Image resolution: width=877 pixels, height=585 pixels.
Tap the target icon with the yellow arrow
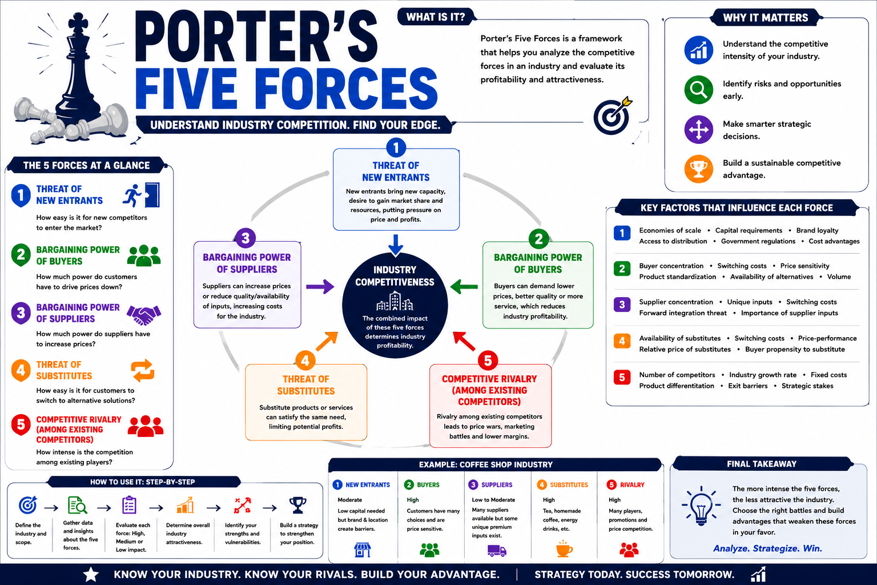click(x=613, y=115)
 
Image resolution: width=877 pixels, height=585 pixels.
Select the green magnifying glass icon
click(x=698, y=90)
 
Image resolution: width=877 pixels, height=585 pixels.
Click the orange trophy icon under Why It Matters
click(x=698, y=169)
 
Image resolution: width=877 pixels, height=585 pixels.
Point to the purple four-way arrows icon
click(x=698, y=129)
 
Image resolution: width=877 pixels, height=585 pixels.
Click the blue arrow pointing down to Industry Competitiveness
click(x=396, y=245)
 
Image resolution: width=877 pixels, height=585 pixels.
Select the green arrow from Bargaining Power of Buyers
click(x=464, y=286)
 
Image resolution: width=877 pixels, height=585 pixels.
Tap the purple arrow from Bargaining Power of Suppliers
click(x=320, y=286)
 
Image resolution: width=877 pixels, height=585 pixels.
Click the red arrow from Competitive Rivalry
click(x=464, y=340)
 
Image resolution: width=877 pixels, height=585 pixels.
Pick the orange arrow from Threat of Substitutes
click(x=327, y=340)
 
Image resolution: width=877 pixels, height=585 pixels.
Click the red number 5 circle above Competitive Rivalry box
click(x=488, y=360)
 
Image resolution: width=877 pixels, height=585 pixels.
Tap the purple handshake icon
click(x=144, y=315)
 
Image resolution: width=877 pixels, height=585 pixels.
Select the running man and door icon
click(x=141, y=195)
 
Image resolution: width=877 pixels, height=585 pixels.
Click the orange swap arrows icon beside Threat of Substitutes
click(x=143, y=370)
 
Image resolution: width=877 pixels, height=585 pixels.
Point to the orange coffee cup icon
click(x=564, y=548)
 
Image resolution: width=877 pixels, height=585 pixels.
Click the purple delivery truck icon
click(x=497, y=551)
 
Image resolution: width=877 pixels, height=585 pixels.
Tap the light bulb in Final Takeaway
click(x=701, y=506)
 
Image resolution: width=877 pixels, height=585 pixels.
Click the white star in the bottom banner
click(x=91, y=574)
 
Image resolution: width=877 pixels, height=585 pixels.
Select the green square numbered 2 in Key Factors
click(x=622, y=269)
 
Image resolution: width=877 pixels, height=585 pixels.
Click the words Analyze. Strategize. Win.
click(x=767, y=548)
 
